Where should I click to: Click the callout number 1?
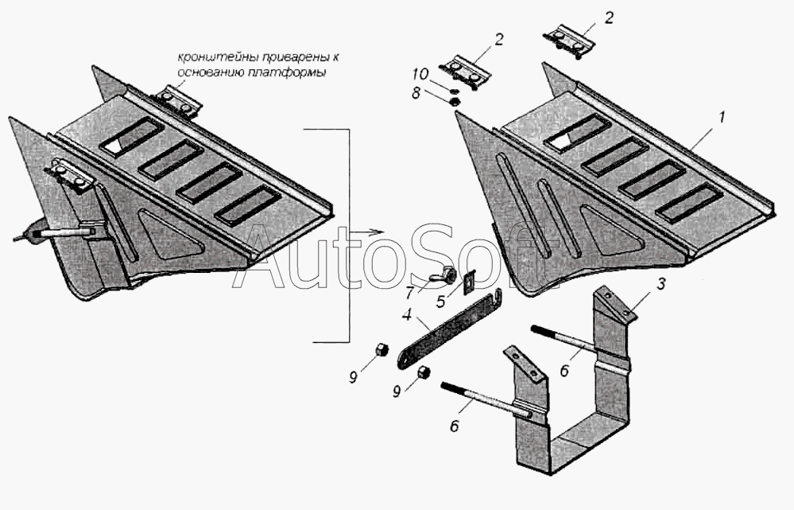coord(722,118)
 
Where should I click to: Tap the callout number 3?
coord(660,285)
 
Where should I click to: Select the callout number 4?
coord(407,315)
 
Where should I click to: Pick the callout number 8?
coord(416,93)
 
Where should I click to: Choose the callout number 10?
coord(420,75)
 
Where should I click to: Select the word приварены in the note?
coord(265,56)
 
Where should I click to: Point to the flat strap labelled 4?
coord(448,329)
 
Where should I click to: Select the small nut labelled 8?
coord(454,102)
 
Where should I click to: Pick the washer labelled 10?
coord(454,90)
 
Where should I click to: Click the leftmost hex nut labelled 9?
coord(382,349)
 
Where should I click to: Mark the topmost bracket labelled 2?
coord(570,40)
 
